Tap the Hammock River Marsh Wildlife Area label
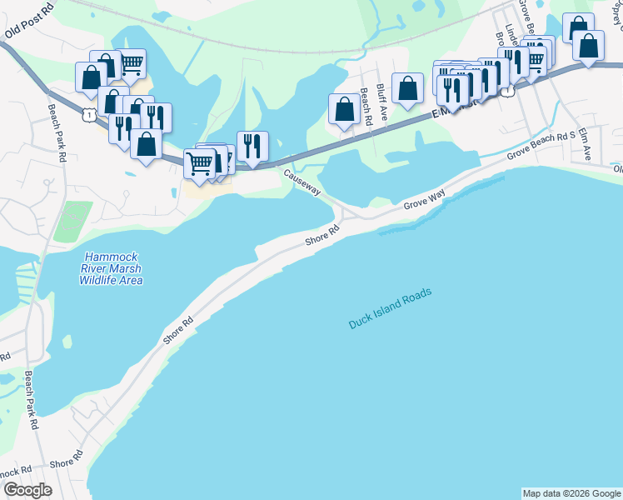[x=111, y=268]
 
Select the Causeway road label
[x=301, y=182]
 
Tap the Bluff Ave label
[x=381, y=102]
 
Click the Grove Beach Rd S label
[x=541, y=145]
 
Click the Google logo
[x=28, y=490]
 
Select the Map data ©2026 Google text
[x=571, y=493]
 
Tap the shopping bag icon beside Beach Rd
[x=343, y=109]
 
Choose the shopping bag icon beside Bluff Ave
[x=407, y=87]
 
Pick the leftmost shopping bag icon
[x=90, y=78]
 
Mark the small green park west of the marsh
[x=72, y=222]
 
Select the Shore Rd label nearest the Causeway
[x=322, y=235]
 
